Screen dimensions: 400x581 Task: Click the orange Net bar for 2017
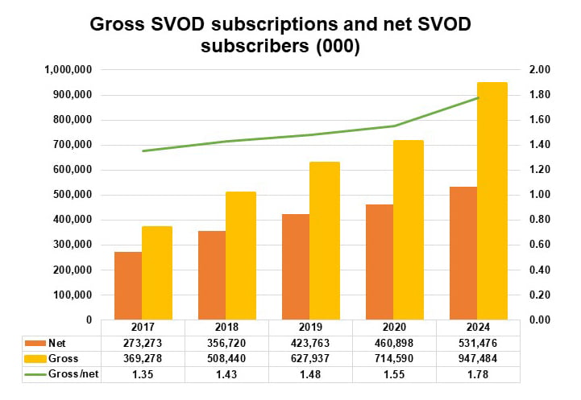tap(127, 286)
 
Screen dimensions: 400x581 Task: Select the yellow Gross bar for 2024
tap(492, 200)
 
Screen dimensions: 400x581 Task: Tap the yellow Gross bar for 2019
tap(325, 241)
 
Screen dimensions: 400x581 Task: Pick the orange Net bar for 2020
tap(379, 262)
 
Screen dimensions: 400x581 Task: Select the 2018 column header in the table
tap(226, 328)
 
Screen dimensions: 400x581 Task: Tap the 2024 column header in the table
tap(478, 328)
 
